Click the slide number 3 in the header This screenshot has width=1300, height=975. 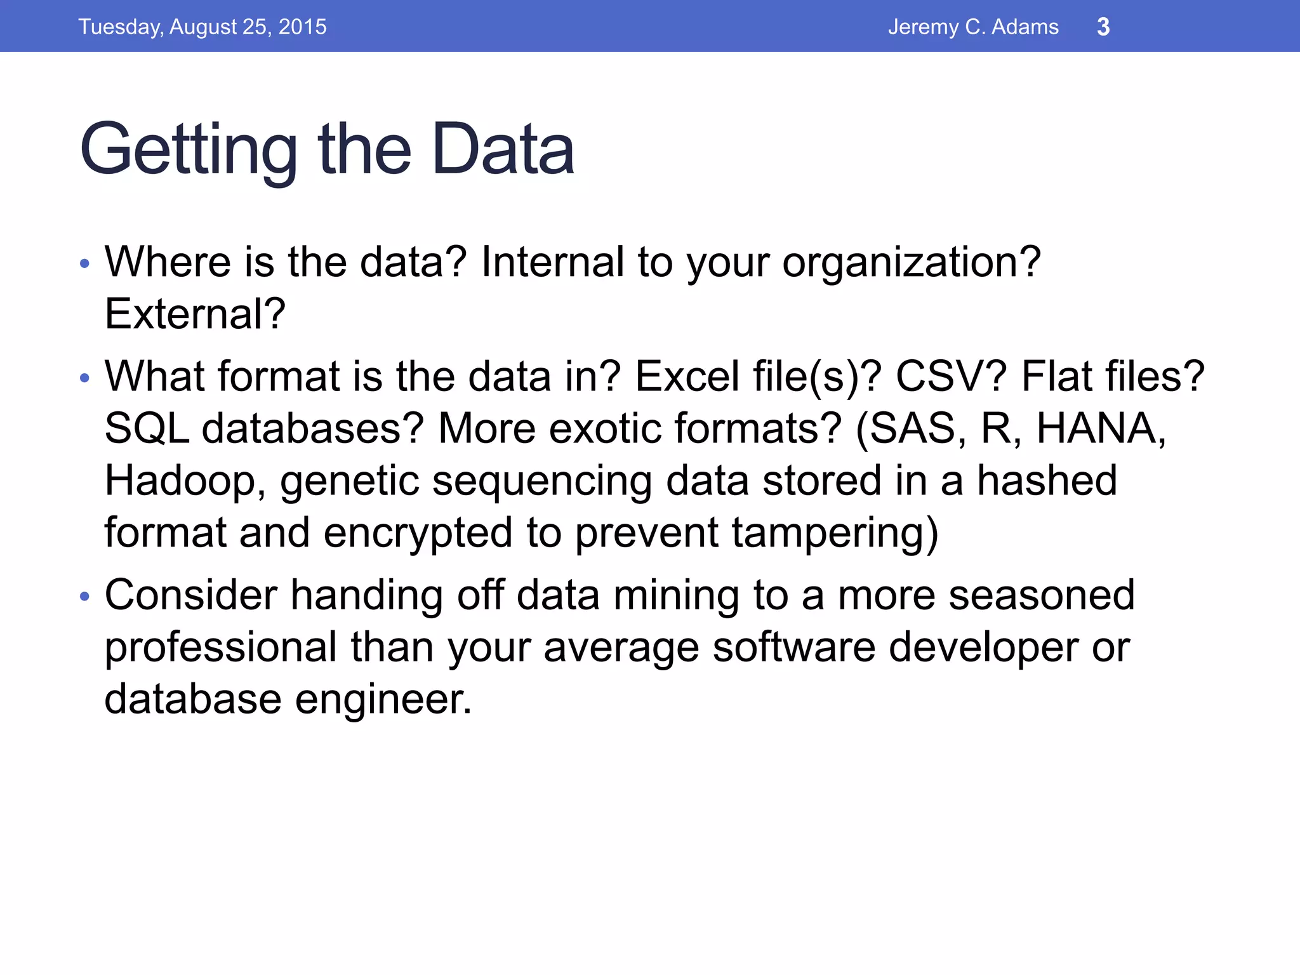(x=1103, y=27)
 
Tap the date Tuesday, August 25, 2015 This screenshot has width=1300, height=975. (x=202, y=27)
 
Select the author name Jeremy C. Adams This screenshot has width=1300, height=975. (x=973, y=27)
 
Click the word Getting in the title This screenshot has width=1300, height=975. (x=189, y=150)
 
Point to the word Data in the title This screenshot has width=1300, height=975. (x=503, y=150)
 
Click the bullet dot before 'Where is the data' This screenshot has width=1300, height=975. (x=85, y=263)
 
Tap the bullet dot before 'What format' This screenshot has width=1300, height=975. (x=85, y=378)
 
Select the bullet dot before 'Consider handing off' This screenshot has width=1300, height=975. (x=85, y=597)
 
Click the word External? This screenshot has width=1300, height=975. (x=195, y=314)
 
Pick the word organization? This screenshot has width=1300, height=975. (x=911, y=263)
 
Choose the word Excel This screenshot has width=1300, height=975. (x=687, y=376)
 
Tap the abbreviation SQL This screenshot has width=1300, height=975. (x=147, y=428)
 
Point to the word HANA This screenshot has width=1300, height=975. (x=1100, y=428)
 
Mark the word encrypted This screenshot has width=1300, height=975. (x=418, y=533)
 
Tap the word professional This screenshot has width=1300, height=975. (x=220, y=647)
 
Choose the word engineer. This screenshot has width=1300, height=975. (x=383, y=700)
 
